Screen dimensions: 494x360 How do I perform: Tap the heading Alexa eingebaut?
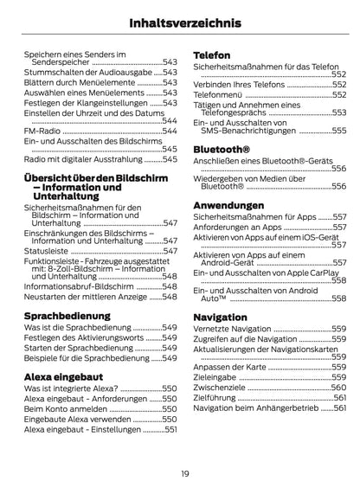[62, 377]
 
